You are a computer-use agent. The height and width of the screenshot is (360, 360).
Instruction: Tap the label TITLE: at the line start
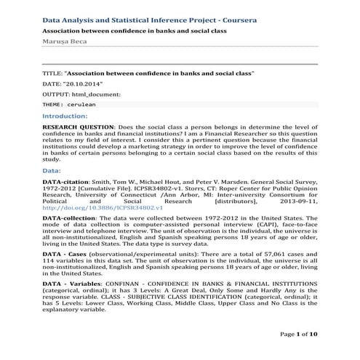[52, 74]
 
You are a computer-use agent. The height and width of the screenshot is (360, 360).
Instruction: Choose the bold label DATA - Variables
[72, 281]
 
